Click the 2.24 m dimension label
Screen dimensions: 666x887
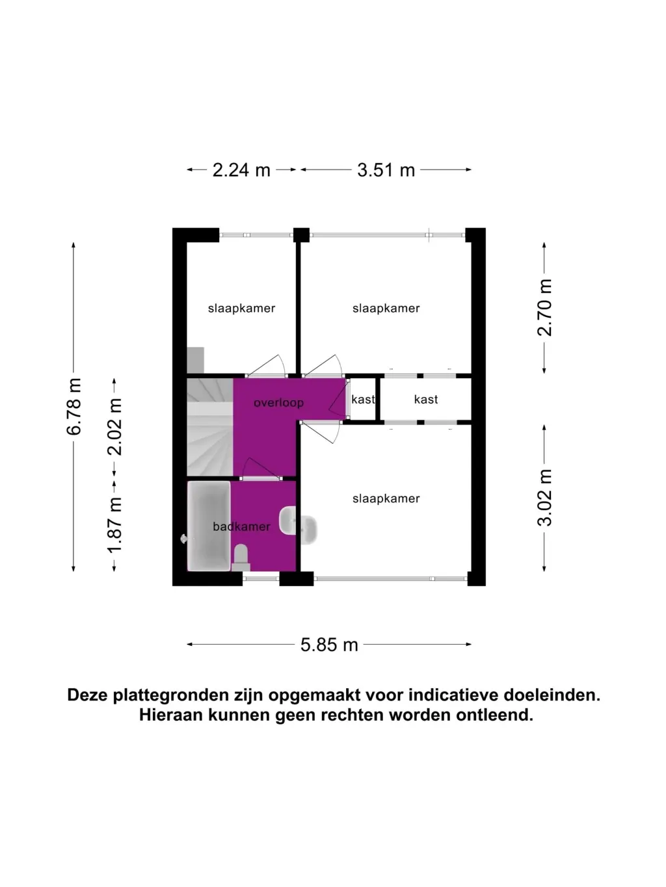pyautogui.click(x=241, y=170)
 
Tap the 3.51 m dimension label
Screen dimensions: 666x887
pyautogui.click(x=386, y=170)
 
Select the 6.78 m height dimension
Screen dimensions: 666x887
pyautogui.click(x=73, y=407)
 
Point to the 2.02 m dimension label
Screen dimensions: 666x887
pyautogui.click(x=114, y=427)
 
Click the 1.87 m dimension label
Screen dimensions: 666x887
pyautogui.click(x=114, y=524)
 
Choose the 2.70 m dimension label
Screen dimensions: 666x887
pyautogui.click(x=544, y=307)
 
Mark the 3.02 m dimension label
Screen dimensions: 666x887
pyautogui.click(x=544, y=498)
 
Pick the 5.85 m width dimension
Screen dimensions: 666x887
pyautogui.click(x=329, y=645)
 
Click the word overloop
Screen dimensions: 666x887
pyautogui.click(x=278, y=403)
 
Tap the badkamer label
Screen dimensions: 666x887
pyautogui.click(x=241, y=526)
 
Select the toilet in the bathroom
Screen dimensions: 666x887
pyautogui.click(x=241, y=558)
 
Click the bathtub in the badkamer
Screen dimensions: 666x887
pyautogui.click(x=209, y=526)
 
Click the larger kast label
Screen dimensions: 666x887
pyautogui.click(x=426, y=400)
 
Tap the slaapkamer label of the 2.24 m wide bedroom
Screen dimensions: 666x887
pyautogui.click(x=241, y=309)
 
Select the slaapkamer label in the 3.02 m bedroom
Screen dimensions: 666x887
pyautogui.click(x=386, y=498)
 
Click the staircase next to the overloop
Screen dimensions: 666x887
pyautogui.click(x=210, y=427)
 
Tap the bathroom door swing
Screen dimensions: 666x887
pyautogui.click(x=261, y=469)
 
